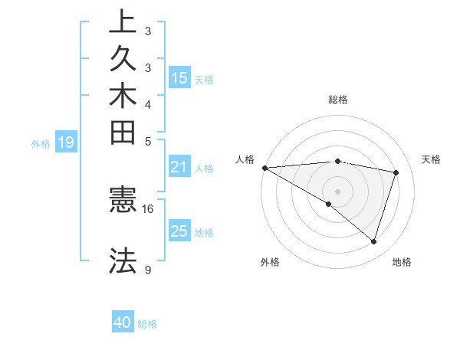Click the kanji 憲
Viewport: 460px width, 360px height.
(123, 201)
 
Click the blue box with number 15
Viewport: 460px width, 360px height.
(179, 77)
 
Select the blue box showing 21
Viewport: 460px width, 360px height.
(179, 167)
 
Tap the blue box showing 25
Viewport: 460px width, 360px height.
(179, 231)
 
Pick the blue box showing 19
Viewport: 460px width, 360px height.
(66, 142)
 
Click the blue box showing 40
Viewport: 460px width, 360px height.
(123, 322)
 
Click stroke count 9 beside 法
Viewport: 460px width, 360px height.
(148, 270)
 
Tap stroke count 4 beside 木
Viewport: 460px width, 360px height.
(148, 104)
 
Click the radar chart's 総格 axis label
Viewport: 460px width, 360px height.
(338, 100)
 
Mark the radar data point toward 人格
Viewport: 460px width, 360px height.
(264, 168)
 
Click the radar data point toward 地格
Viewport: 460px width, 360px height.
(373, 242)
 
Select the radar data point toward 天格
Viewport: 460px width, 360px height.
(396, 172)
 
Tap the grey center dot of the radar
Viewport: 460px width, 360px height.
(337, 191)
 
